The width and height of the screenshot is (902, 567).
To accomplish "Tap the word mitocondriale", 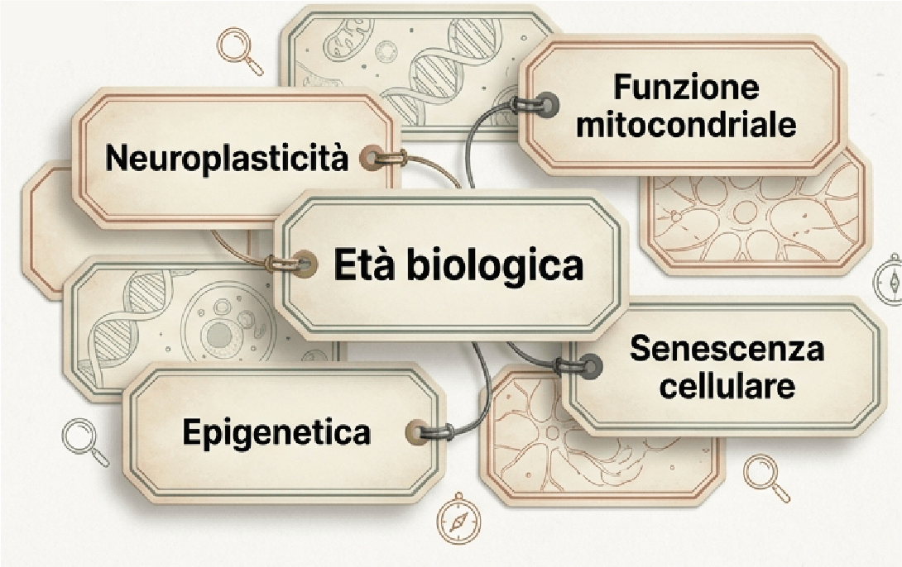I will pos(686,125).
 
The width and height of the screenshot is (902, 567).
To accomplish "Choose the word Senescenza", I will pos(727,349).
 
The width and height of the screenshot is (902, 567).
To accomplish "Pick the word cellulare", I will pos(726,386).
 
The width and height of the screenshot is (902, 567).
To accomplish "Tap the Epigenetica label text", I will pos(276,432).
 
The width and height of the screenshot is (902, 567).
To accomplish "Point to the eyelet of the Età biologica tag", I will pos(303,265).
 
